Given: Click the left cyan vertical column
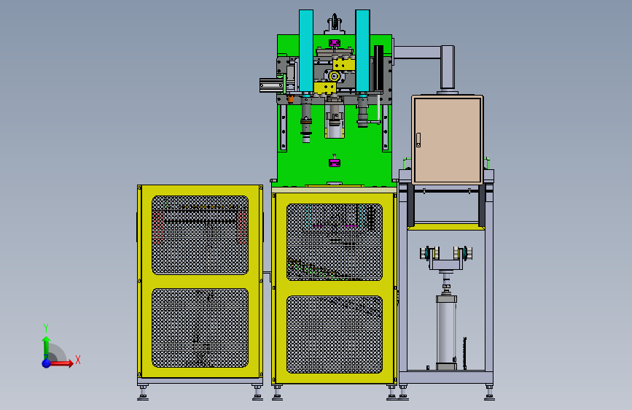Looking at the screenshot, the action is pyautogui.click(x=306, y=51).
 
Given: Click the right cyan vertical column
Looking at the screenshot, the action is pyautogui.click(x=362, y=51).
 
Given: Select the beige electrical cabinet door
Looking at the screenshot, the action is pyautogui.click(x=448, y=140).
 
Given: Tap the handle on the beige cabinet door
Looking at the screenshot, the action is pyautogui.click(x=418, y=140).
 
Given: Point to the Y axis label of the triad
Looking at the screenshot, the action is pyautogui.click(x=46, y=328).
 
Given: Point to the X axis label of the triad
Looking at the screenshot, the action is pyautogui.click(x=78, y=360).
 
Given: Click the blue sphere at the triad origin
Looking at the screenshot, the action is pyautogui.click(x=47, y=363).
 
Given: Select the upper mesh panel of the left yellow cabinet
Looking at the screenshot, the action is pyautogui.click(x=200, y=235).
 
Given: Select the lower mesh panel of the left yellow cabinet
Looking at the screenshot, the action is pyautogui.click(x=200, y=328).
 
